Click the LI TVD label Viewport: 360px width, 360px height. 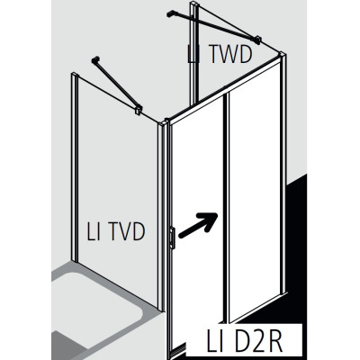click(116, 231)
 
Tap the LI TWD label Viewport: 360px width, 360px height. click(220, 54)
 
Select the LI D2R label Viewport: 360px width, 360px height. click(245, 341)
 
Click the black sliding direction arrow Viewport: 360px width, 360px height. click(198, 225)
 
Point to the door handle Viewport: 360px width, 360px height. click(172, 238)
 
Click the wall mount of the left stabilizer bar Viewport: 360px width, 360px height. click(95, 59)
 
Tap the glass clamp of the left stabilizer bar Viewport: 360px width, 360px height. click(139, 109)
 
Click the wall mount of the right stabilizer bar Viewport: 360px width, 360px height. click(170, 13)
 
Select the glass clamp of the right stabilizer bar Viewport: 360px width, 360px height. click(257, 40)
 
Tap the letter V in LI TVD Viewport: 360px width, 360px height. click(123, 231)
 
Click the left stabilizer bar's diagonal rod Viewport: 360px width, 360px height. click(117, 84)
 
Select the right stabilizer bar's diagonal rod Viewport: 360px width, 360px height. click(214, 26)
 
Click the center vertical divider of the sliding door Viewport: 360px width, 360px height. click(227, 207)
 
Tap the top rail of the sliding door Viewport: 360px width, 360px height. click(226, 89)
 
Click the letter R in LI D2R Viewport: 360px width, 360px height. click(274, 341)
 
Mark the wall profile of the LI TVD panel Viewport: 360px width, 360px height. click(75, 166)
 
